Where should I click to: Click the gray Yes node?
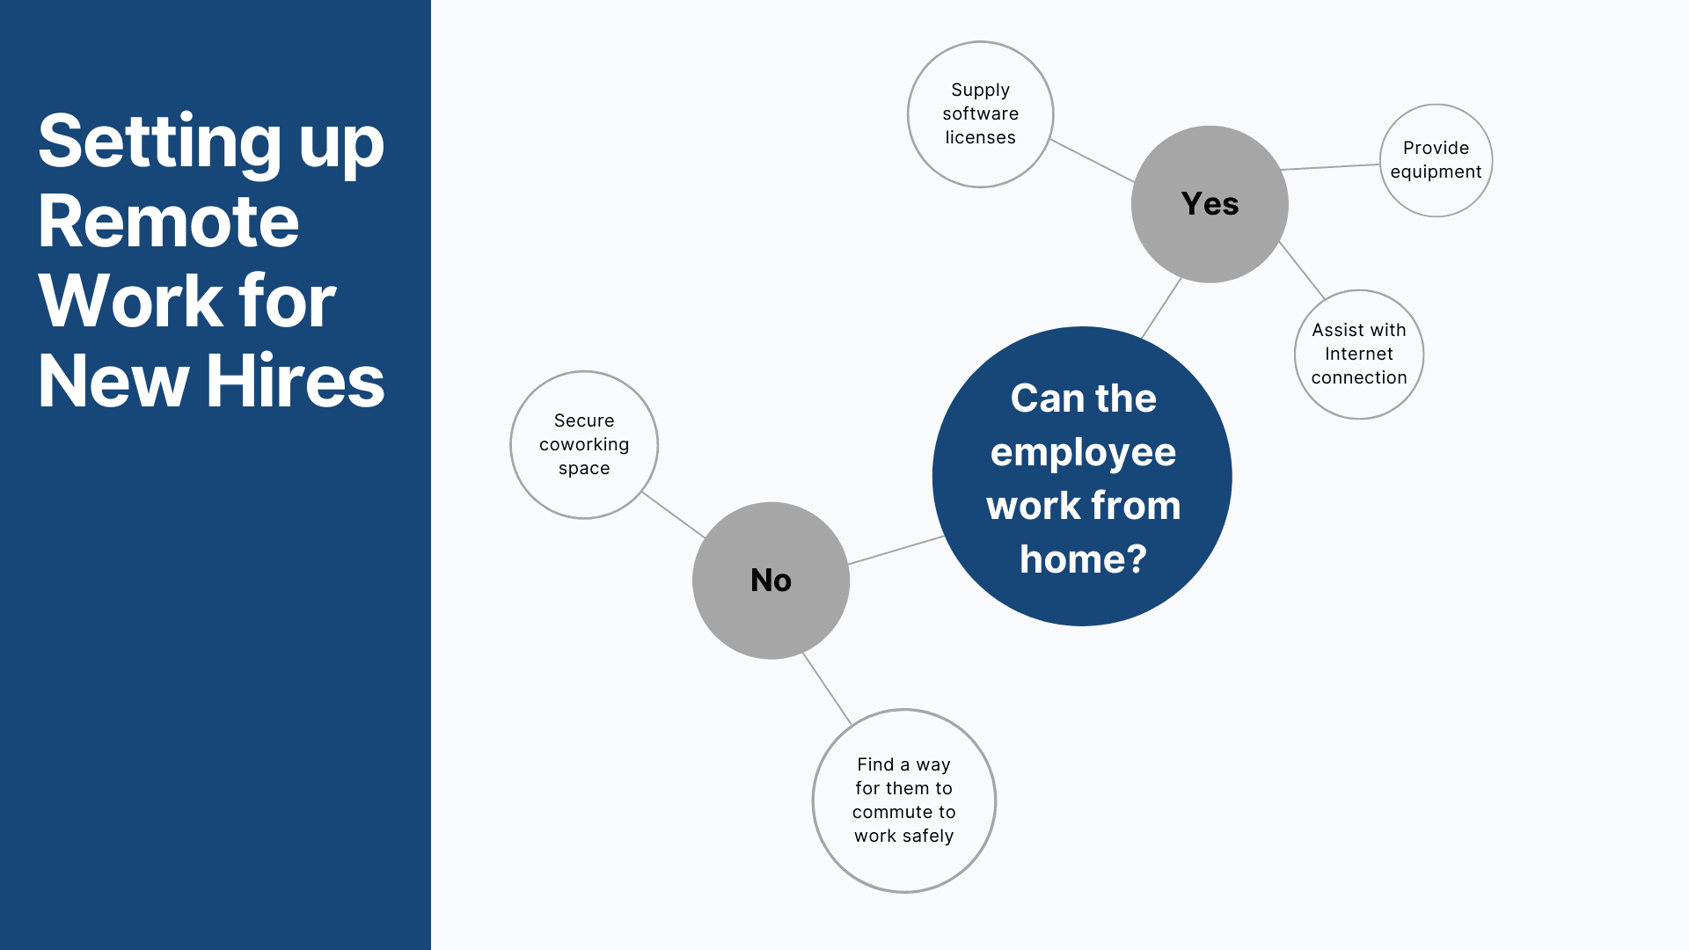click(x=1210, y=204)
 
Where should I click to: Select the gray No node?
click(x=771, y=581)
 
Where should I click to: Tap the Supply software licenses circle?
click(x=980, y=114)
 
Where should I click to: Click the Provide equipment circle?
click(x=1436, y=160)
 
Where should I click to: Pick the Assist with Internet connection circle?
click(x=1359, y=354)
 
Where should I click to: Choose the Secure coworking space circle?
click(x=584, y=444)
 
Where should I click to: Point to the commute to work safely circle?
click(x=903, y=800)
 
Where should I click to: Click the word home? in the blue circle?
click(x=1083, y=559)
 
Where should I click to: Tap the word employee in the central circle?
click(x=1083, y=453)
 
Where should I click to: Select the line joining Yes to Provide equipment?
click(x=1329, y=166)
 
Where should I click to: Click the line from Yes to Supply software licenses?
click(x=1092, y=160)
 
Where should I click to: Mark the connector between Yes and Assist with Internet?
click(x=1302, y=271)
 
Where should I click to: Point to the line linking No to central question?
click(x=896, y=550)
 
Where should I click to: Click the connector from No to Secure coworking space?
click(x=674, y=515)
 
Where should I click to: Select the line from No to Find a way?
click(x=827, y=689)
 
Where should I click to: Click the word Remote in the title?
click(x=169, y=222)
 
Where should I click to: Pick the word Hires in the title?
click(x=296, y=382)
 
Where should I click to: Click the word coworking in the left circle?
click(x=584, y=444)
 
